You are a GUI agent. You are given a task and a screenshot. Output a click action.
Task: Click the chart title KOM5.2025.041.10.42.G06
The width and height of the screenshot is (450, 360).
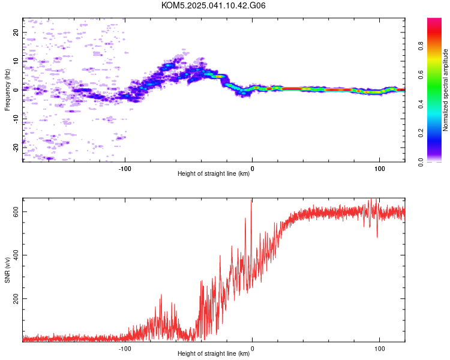(x=213, y=5)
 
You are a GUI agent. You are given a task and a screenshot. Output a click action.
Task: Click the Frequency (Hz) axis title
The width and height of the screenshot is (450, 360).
(x=7, y=90)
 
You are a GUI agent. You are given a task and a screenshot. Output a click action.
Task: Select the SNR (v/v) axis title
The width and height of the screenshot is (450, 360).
(x=7, y=270)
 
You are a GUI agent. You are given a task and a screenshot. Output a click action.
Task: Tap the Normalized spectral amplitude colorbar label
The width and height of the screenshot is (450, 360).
(x=445, y=90)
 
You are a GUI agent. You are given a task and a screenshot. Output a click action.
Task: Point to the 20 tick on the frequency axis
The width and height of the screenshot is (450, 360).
(x=16, y=32)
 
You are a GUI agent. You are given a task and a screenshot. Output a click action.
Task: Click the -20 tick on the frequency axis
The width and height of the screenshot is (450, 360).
(x=16, y=148)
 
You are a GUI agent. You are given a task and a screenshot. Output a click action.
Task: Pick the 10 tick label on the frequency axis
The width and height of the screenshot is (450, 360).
(x=16, y=61)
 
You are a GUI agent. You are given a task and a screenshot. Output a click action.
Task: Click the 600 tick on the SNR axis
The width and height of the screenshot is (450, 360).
(x=16, y=212)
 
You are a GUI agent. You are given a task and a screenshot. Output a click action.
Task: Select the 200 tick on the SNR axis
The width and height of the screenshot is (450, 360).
(x=16, y=299)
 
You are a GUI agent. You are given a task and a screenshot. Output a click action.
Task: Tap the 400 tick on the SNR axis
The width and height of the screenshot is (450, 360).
(x=16, y=255)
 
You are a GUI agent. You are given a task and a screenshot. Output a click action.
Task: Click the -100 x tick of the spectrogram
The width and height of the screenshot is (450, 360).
(x=125, y=169)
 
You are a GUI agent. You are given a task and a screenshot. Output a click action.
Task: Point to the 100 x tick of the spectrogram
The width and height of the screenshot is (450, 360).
(x=379, y=169)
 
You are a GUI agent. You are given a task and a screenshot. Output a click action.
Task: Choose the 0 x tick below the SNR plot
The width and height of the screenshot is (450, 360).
(x=252, y=349)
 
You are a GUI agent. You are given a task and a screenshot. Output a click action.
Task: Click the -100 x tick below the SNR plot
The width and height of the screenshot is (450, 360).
(x=125, y=349)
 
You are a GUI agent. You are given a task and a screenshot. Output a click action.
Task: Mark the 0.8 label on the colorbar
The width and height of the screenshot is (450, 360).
(x=421, y=46)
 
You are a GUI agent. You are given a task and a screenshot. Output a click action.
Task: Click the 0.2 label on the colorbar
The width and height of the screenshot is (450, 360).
(x=421, y=133)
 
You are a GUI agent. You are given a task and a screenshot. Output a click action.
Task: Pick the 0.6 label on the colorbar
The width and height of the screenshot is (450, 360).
(x=421, y=75)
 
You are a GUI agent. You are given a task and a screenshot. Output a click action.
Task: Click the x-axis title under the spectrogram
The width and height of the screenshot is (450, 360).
(x=214, y=173)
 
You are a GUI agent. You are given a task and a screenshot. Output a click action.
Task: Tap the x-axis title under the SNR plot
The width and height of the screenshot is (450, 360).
(x=214, y=353)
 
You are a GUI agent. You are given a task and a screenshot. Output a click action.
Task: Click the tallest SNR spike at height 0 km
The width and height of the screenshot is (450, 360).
(x=251, y=200)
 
